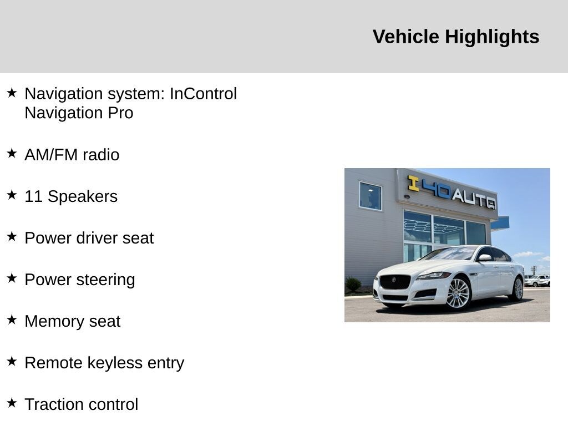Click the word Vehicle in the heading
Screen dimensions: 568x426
(x=405, y=37)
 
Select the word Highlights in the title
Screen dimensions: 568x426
(x=492, y=37)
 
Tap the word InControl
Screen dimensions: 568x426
(x=203, y=93)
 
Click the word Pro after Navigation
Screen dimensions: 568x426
(x=120, y=113)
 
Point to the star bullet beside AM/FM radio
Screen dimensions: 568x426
(x=12, y=153)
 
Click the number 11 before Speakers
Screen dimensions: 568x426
(x=34, y=196)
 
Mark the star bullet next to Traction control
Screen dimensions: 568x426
(x=12, y=403)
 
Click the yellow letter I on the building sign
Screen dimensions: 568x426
(x=413, y=183)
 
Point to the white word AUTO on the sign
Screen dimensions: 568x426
(x=474, y=200)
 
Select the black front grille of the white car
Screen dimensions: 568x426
(x=395, y=281)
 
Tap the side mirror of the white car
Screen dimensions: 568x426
(x=485, y=257)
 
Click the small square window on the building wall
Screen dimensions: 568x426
(x=370, y=196)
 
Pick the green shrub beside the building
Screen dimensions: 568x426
(x=353, y=285)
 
